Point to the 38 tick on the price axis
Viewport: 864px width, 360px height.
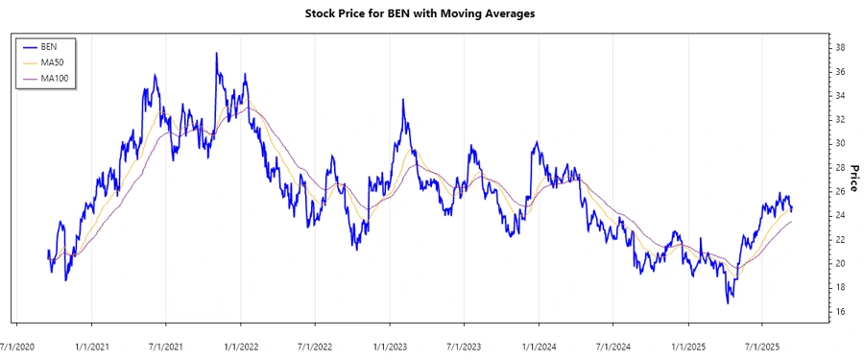coord(839,47)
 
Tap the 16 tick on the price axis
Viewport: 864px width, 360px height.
coord(839,311)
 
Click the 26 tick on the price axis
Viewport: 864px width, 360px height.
coord(839,191)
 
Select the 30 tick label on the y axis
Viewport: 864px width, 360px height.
coord(839,143)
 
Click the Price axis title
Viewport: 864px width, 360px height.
coord(852,179)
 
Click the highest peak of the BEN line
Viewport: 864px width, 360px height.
coord(216,54)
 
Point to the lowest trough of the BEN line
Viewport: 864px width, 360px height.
coord(728,303)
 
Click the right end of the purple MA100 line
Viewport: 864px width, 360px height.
coord(792,222)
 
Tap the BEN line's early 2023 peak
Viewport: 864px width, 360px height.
coord(403,100)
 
